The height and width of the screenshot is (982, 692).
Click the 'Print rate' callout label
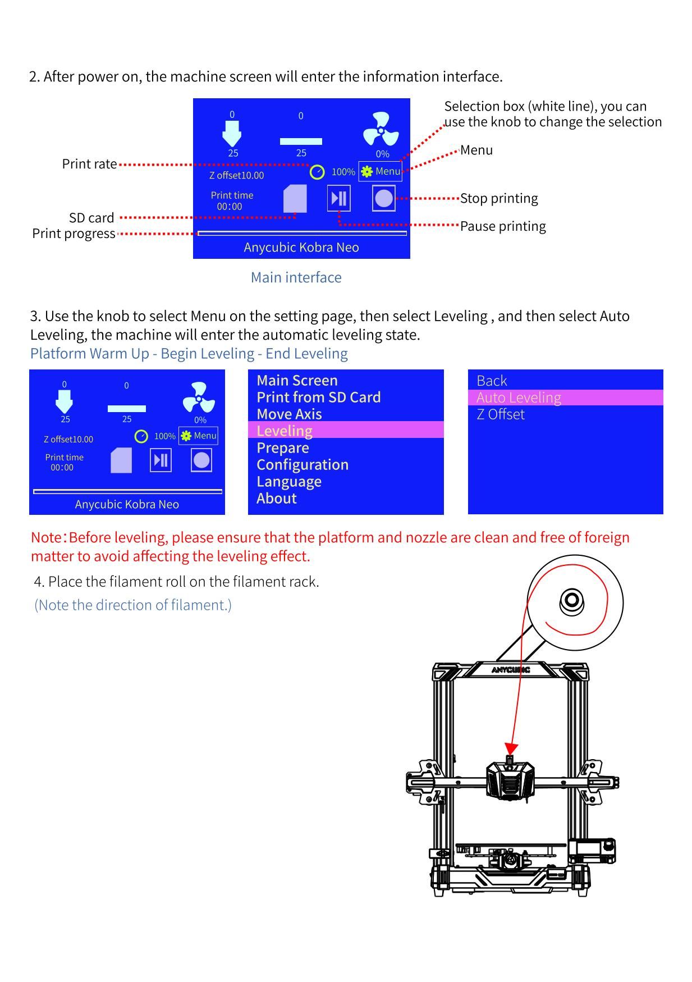pyautogui.click(x=89, y=164)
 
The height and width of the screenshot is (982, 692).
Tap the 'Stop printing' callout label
pyautogui.click(x=498, y=198)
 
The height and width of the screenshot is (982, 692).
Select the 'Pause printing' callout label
pyautogui.click(x=503, y=226)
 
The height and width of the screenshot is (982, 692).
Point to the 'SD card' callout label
pyautogui.click(x=91, y=218)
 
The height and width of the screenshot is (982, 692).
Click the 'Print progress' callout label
pyautogui.click(x=74, y=234)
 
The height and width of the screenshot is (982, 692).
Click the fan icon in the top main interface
pyautogui.click(x=381, y=130)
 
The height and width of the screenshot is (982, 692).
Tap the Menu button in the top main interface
pyautogui.click(x=381, y=171)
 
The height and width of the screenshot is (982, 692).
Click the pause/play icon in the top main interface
pyautogui.click(x=338, y=199)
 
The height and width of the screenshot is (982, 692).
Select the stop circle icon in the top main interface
pyautogui.click(x=383, y=199)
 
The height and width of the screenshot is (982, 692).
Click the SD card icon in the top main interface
pyautogui.click(x=295, y=199)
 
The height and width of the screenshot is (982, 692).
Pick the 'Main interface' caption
pyautogui.click(x=296, y=277)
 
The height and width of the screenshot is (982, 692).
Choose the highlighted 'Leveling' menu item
pyautogui.click(x=285, y=431)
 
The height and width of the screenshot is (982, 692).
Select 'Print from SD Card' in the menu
pyautogui.click(x=318, y=397)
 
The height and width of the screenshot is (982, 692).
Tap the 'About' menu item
pyautogui.click(x=276, y=498)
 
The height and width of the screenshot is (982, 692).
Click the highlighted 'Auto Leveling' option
pyautogui.click(x=519, y=398)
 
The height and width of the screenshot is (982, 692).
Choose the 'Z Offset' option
pyautogui.click(x=501, y=414)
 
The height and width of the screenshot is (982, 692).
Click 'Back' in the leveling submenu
pyautogui.click(x=492, y=381)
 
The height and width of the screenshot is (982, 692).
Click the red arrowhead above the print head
pyautogui.click(x=511, y=749)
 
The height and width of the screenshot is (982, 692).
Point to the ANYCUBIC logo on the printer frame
pyautogui.click(x=510, y=670)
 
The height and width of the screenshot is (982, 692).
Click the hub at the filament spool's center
pyautogui.click(x=572, y=601)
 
